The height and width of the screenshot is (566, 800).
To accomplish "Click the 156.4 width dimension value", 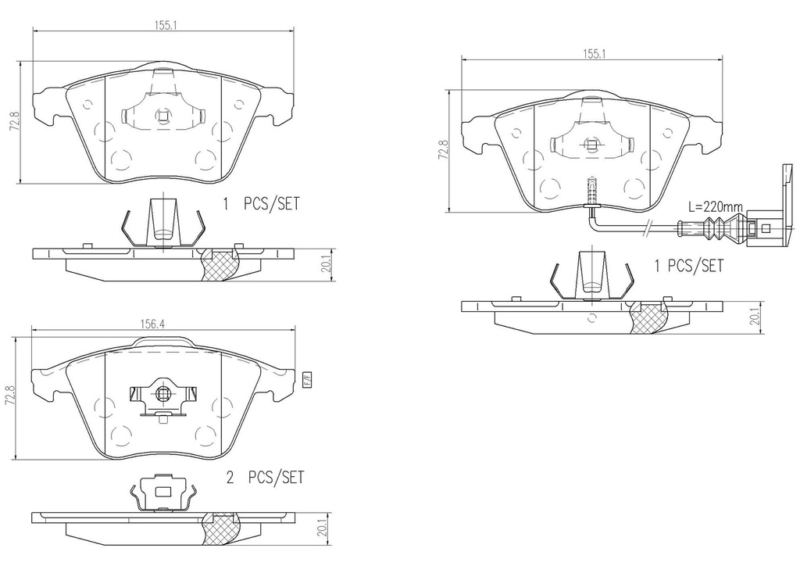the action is click(152, 323).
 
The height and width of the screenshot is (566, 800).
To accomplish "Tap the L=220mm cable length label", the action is click(716, 206).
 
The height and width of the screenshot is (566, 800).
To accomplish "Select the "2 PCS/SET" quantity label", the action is click(265, 477).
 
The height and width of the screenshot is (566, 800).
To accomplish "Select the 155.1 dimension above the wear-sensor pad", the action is click(592, 53).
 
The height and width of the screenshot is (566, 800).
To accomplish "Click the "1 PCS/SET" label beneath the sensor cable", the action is click(689, 265).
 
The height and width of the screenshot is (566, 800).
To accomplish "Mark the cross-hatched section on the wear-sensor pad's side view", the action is click(649, 318).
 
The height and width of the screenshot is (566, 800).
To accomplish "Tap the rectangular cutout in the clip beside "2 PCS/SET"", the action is click(163, 492).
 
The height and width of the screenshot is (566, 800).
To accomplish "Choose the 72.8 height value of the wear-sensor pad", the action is click(443, 151).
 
